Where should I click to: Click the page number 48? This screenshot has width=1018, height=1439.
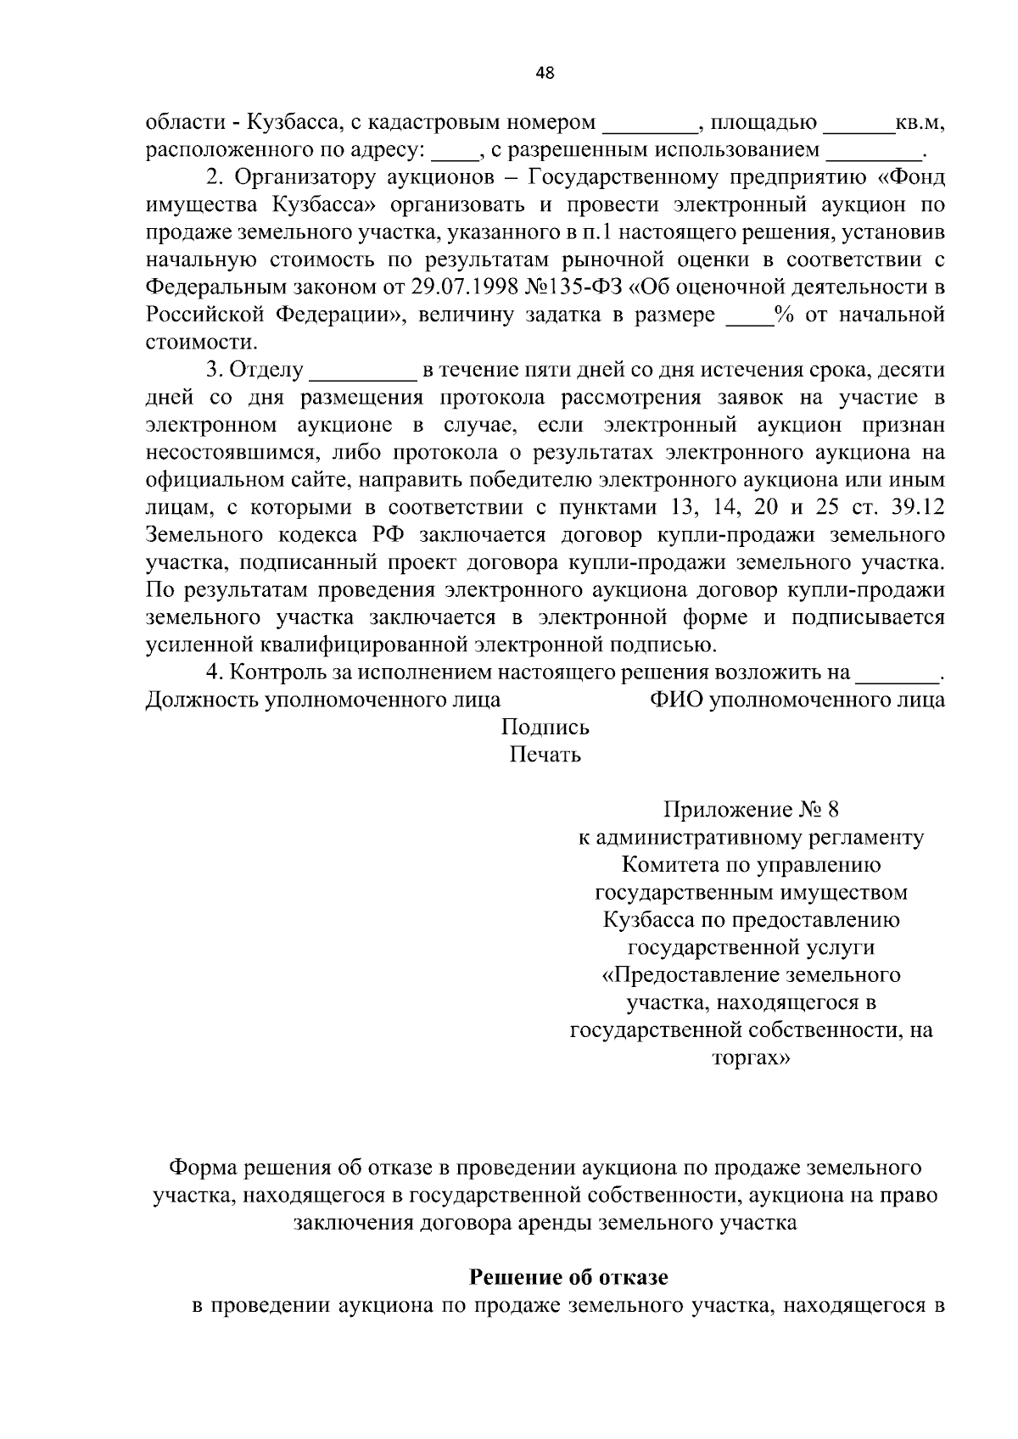tap(545, 73)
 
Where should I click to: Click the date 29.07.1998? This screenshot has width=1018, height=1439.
tap(473, 287)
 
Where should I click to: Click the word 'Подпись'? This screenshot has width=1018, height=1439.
tap(545, 728)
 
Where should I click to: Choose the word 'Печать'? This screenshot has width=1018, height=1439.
tap(545, 754)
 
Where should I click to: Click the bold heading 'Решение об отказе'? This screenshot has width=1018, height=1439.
tap(568, 1277)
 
